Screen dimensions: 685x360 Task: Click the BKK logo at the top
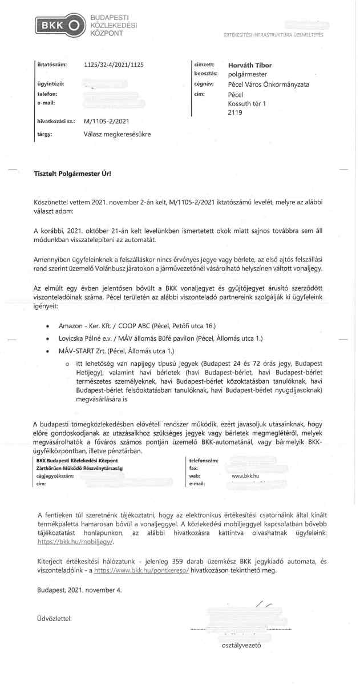[x=59, y=26]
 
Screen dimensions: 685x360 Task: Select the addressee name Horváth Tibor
[x=250, y=65]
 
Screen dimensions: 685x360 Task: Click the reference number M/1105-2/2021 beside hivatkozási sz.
[x=106, y=122]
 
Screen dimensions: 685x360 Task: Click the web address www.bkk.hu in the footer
[x=245, y=475]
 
